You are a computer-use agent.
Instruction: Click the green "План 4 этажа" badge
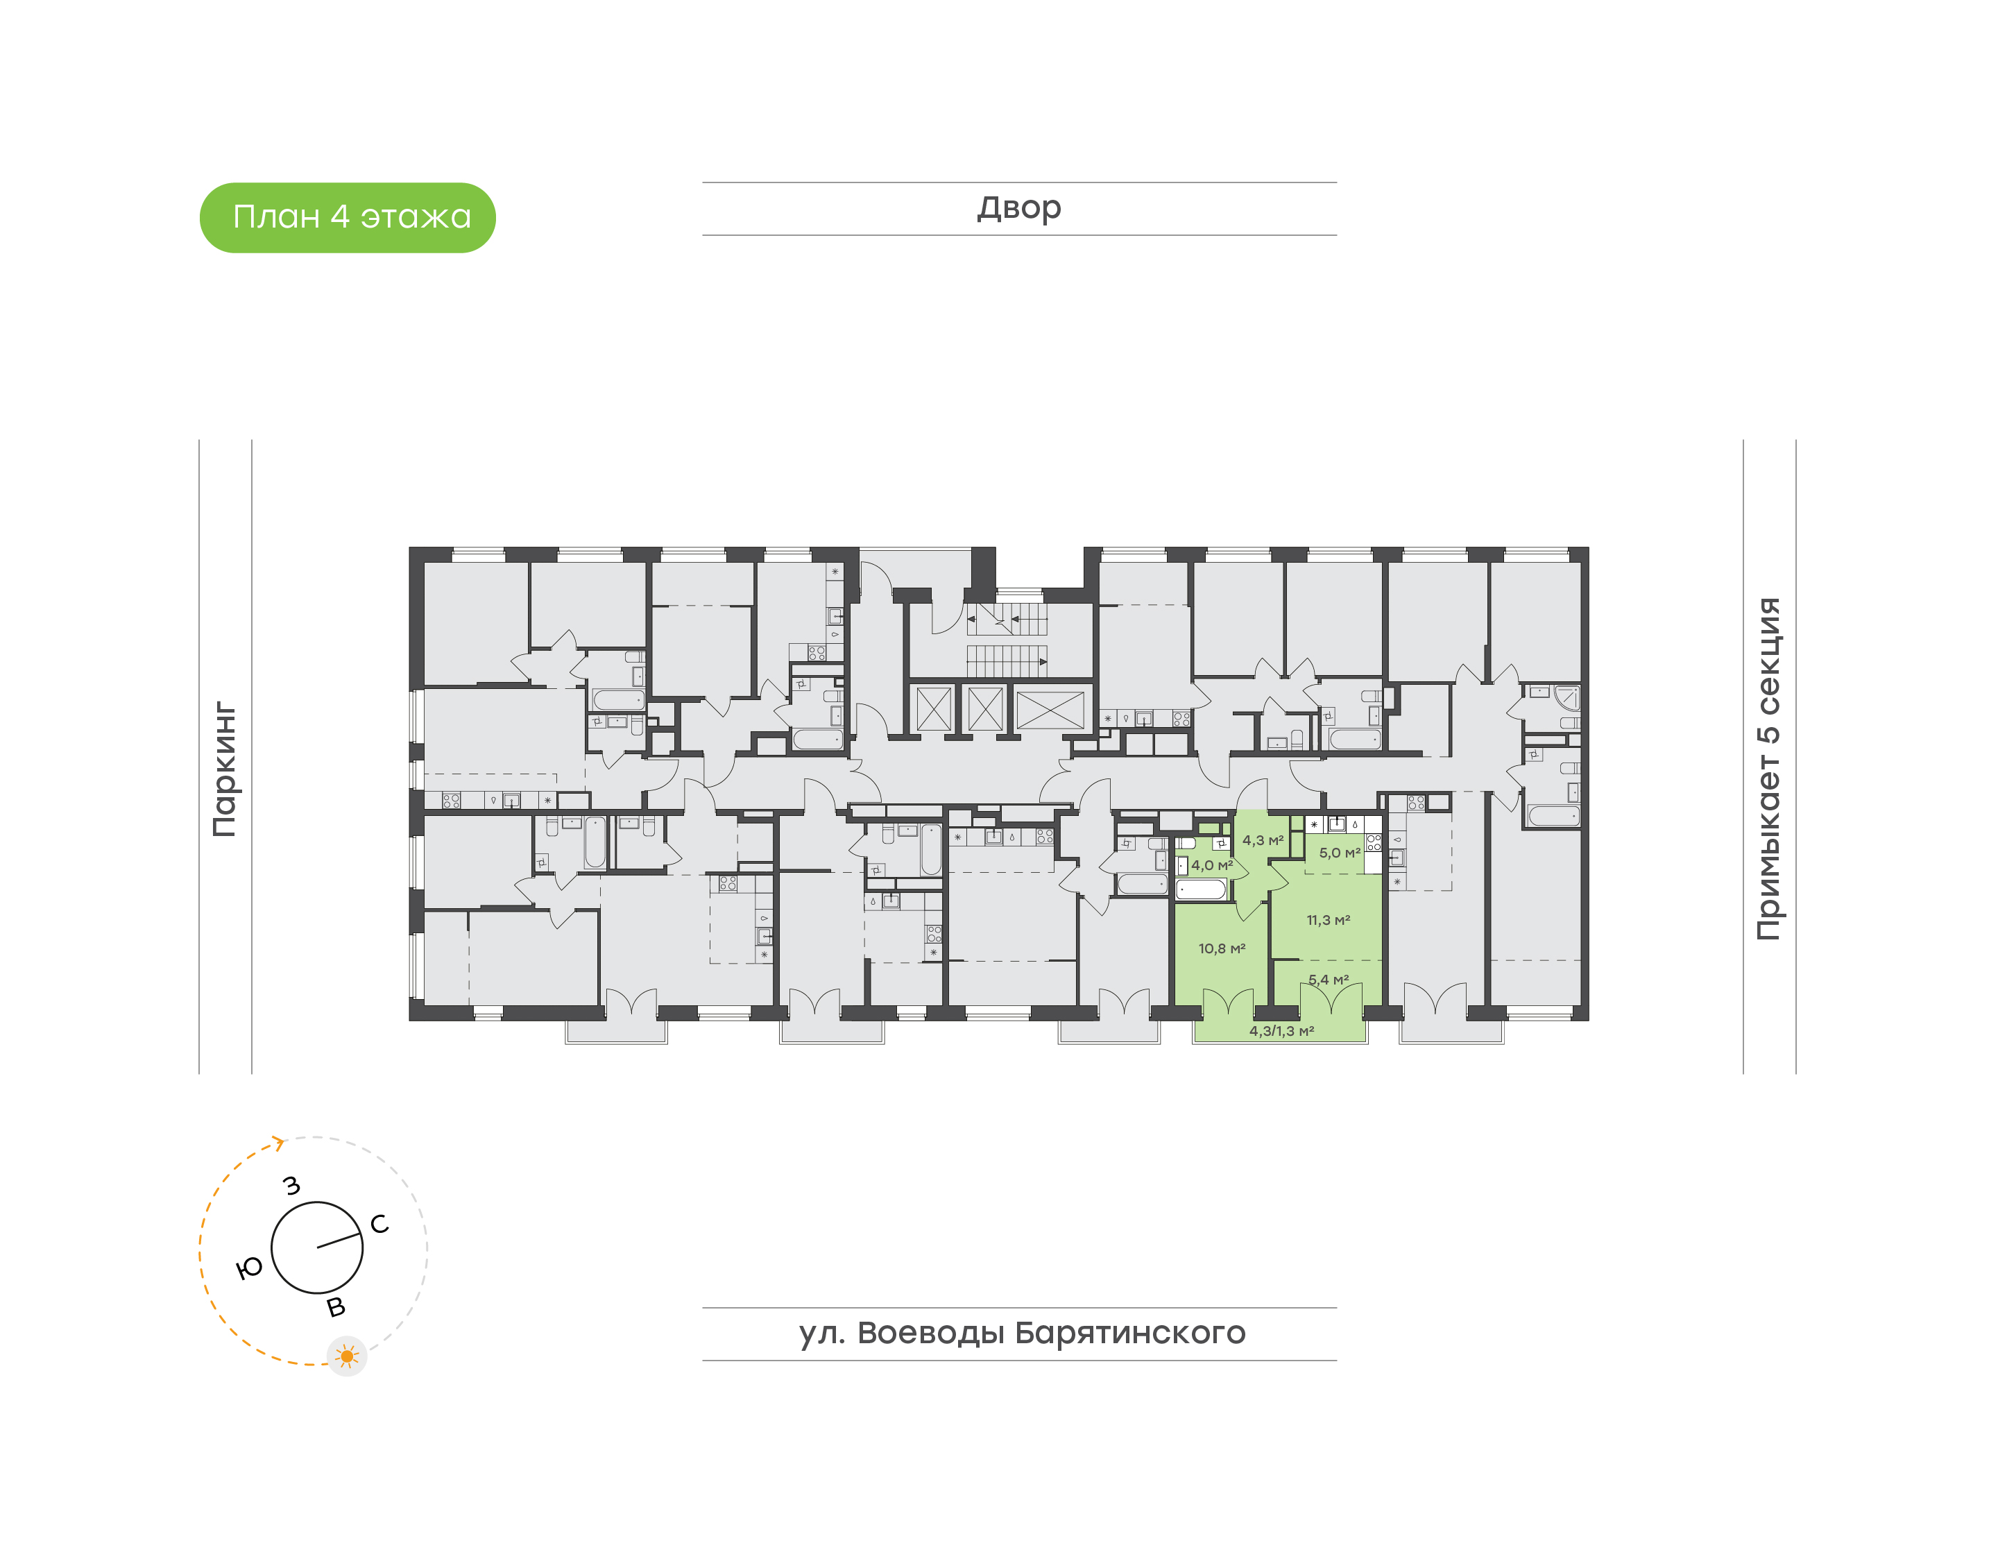(x=347, y=218)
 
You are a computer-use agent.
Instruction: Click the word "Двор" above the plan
(x=1018, y=208)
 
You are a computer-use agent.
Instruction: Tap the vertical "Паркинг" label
(x=225, y=769)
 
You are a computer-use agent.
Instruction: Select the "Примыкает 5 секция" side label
(x=1768, y=769)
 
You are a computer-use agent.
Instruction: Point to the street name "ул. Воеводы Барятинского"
(x=1021, y=1333)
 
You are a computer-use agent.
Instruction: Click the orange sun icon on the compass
(x=346, y=1356)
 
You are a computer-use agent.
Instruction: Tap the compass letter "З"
(x=292, y=1185)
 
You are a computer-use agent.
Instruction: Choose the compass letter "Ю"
(x=249, y=1269)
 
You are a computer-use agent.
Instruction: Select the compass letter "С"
(x=379, y=1224)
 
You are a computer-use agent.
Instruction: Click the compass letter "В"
(x=336, y=1307)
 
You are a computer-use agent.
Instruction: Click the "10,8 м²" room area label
(x=1222, y=948)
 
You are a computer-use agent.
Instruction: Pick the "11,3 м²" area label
(x=1328, y=920)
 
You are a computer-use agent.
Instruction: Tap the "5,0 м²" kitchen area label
(x=1339, y=853)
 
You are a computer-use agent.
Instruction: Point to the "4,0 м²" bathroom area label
(x=1211, y=864)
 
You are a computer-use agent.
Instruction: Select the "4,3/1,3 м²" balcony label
(x=1281, y=1031)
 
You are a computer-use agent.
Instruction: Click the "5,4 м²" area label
(x=1328, y=980)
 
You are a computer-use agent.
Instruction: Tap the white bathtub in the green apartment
(x=1200, y=889)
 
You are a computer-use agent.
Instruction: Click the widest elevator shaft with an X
(x=1050, y=710)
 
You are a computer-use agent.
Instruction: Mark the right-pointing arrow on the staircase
(x=1043, y=661)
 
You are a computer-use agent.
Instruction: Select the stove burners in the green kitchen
(x=1373, y=842)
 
